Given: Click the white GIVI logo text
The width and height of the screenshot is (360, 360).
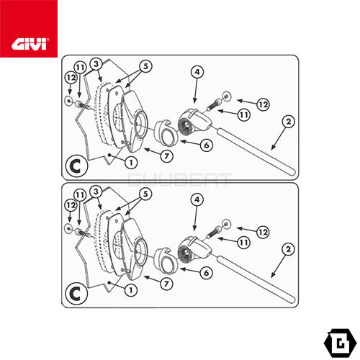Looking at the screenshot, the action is tap(29, 44).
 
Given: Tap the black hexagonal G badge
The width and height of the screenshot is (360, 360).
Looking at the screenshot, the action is tap(340, 343).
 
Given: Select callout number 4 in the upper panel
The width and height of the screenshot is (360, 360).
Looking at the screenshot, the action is tap(197, 72).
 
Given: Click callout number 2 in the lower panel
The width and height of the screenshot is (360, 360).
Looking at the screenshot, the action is tap(288, 249).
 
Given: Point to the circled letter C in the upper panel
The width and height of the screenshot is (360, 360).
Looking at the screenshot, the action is tap(76, 166).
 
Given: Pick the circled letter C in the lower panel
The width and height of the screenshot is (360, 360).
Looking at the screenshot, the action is tap(76, 294).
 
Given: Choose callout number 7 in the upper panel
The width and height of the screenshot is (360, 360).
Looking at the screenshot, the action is tap(167, 156).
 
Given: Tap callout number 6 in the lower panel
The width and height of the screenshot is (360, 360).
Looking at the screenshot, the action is tap(207, 273).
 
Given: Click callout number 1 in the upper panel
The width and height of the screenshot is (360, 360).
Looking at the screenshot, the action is tap(131, 163).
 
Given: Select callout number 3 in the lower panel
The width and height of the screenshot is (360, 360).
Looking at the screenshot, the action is tap(96, 192).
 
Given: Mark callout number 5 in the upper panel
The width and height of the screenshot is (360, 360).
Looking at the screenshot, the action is tap(145, 66).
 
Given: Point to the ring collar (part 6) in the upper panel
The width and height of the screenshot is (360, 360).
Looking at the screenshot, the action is tap(166, 134).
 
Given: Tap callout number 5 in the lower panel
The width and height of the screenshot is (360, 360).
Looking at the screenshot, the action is tap(145, 194).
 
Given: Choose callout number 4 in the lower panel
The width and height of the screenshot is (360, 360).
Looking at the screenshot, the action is tap(197, 199).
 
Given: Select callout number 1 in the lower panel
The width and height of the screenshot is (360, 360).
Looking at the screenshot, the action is tap(131, 290).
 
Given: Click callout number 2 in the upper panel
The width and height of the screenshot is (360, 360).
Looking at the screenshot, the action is tap(288, 122).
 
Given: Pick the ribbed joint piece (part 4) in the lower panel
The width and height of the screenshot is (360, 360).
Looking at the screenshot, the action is tap(194, 248).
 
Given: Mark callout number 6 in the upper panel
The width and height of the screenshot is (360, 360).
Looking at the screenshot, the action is tap(207, 145).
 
